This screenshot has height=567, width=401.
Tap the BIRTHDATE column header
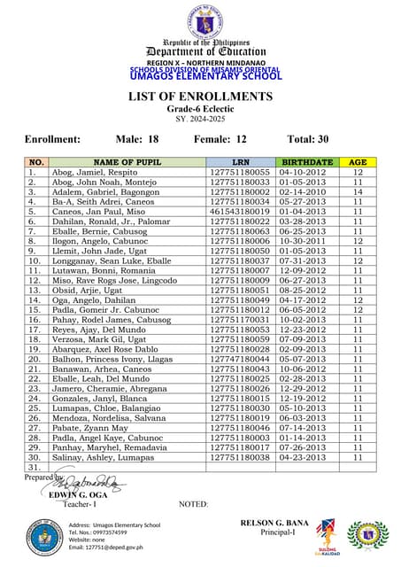coord(307,163)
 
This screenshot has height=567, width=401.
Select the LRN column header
coord(240,163)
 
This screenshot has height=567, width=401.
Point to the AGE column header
coord(358,163)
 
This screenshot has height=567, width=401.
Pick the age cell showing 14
coord(358,191)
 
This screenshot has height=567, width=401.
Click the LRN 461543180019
coord(240,212)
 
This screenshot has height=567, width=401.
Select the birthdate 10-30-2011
coord(307,240)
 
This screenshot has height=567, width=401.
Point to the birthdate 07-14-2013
coord(307,428)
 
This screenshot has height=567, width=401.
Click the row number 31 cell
coord(35,468)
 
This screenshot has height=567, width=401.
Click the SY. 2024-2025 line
coord(199,118)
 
